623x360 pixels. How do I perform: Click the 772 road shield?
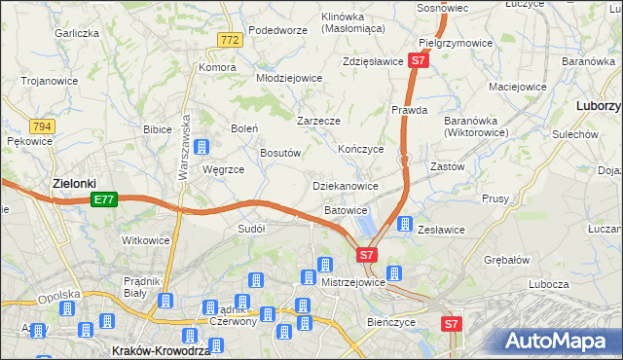tap(230, 40)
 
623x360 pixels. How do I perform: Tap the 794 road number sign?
tap(41, 126)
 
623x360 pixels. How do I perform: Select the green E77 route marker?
tap(105, 199)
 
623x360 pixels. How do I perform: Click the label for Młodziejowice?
tap(288, 78)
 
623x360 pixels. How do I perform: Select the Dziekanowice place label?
tap(344, 185)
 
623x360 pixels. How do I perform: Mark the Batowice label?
tap(346, 209)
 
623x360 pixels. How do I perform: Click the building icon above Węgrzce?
tap(202, 148)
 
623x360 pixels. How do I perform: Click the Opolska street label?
tap(55, 298)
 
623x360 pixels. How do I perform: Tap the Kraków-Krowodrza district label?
tap(161, 350)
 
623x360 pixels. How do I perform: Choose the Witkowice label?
tap(145, 239)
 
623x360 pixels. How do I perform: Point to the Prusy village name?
tap(495, 198)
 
